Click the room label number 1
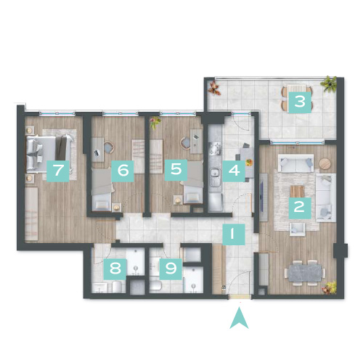pos(234,234)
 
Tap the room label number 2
pos(300,208)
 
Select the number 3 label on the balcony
pos(300,102)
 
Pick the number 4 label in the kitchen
pos(234,171)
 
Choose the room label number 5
pos(176,170)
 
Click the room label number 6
pos(123,171)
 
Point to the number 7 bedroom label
pos(58,171)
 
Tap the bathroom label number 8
pos(115,269)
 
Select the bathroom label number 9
pos(171,269)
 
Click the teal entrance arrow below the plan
pos(239,319)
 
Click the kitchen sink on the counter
pos(215,173)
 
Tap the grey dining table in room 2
pos(305,273)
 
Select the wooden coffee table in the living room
pos(297,191)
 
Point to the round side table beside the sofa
pos(325,164)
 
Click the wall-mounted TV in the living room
pos(262,197)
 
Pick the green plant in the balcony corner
pos(329,84)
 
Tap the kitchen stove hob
pos(215,148)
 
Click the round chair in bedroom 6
pos(109,147)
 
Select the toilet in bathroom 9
pos(155,285)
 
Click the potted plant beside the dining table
pos(330,287)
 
